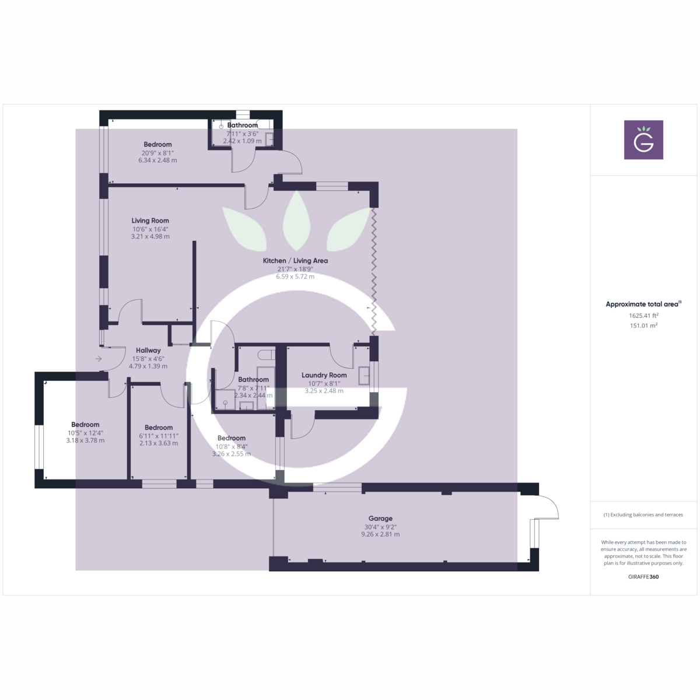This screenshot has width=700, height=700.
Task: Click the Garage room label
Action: (380, 519)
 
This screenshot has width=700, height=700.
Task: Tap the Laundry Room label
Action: (324, 375)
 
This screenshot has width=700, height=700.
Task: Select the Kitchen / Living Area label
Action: (295, 260)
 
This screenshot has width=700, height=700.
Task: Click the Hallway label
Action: (148, 351)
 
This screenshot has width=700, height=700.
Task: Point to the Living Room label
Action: (150, 220)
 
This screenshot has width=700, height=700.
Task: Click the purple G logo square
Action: (643, 140)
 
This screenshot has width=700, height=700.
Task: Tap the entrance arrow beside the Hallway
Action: (99, 359)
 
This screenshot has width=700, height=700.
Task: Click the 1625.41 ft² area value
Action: (643, 316)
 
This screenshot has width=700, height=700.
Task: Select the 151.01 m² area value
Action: (643, 325)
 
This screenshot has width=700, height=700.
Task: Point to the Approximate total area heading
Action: (643, 304)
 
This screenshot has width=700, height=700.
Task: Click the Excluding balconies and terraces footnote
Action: (643, 514)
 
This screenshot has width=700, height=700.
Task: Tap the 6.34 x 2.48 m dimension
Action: (157, 160)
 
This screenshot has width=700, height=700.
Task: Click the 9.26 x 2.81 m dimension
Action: (380, 534)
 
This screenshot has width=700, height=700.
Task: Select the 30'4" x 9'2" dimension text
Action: (380, 527)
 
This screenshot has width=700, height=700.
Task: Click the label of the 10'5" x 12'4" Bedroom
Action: (85, 425)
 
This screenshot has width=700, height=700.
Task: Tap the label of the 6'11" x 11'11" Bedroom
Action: (159, 428)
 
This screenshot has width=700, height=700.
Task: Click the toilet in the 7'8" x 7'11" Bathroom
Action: (267, 354)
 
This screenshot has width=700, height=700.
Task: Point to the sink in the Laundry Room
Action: (363, 375)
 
